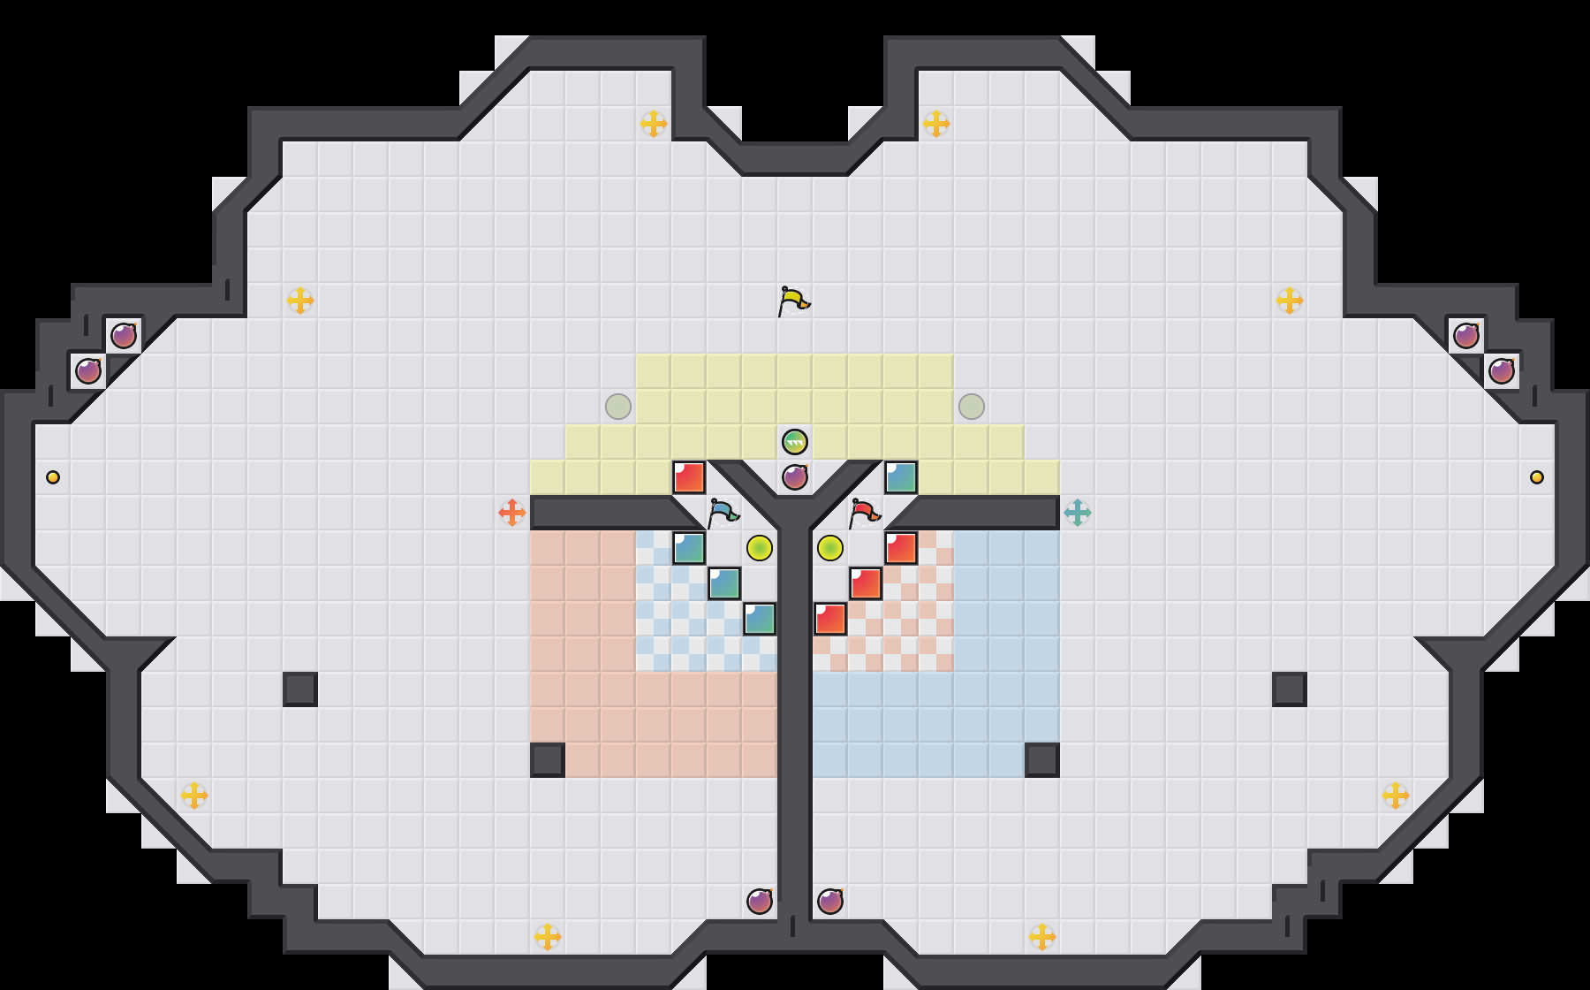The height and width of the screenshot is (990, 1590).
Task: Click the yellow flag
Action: click(793, 301)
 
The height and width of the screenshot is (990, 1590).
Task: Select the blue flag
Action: click(723, 512)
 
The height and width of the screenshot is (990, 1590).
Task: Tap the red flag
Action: click(864, 512)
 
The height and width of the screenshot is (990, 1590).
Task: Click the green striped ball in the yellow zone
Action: click(795, 441)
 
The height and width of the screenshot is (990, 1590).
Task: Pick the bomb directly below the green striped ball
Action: click(795, 477)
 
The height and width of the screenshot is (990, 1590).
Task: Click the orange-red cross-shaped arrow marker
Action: click(512, 513)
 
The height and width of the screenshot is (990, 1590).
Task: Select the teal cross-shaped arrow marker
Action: click(1078, 513)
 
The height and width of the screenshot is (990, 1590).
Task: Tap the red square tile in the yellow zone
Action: click(689, 477)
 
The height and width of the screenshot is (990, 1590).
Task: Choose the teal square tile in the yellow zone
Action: click(901, 477)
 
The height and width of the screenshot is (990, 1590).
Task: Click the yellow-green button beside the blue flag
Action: click(760, 548)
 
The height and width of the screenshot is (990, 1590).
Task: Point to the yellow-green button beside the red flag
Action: click(830, 548)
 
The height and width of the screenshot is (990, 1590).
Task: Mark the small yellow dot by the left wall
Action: click(53, 477)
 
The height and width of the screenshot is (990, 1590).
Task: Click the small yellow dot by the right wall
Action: click(1537, 477)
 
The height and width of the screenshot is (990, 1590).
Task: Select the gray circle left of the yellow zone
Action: click(618, 407)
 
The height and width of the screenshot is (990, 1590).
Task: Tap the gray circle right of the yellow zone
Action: click(972, 407)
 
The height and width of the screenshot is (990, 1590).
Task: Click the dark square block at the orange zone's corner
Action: click(548, 760)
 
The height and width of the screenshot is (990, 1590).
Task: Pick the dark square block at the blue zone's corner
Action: click(1042, 760)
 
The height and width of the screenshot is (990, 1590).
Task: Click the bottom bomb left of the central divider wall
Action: click(760, 902)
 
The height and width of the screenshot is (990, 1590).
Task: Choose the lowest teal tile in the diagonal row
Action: click(760, 619)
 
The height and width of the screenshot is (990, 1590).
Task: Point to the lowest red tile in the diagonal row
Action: click(830, 619)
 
